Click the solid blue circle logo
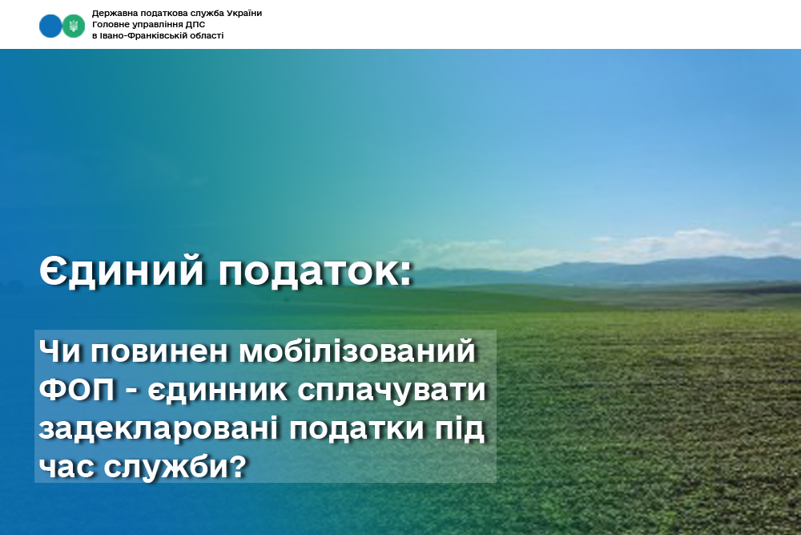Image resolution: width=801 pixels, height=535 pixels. (x=50, y=26)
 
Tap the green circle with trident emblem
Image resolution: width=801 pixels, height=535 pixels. (x=74, y=26)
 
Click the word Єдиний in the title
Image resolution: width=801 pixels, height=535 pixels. (x=122, y=270)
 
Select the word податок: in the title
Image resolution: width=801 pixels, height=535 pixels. (x=315, y=271)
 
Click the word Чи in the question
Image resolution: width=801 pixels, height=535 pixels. (x=59, y=351)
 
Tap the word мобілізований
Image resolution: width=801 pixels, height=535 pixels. (x=357, y=351)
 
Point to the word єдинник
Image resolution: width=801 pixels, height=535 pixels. (x=218, y=391)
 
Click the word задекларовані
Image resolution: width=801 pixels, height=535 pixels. (x=159, y=428)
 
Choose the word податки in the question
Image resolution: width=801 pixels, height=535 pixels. (x=356, y=428)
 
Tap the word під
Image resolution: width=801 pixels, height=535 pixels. (x=459, y=429)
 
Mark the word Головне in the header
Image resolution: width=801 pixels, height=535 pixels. (x=108, y=25)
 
